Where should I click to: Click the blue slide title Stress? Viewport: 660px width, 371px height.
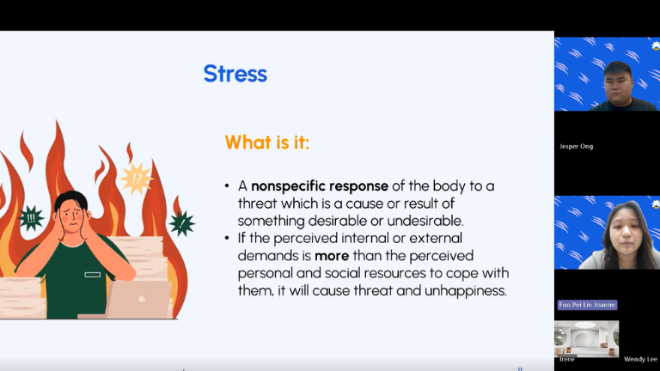(235, 74)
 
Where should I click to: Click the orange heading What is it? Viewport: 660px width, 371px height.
(267, 143)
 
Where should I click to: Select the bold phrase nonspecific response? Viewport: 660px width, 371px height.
(320, 185)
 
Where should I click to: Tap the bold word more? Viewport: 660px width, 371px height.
(332, 256)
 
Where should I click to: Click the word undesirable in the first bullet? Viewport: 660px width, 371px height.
(425, 221)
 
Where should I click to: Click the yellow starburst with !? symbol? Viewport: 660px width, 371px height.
(137, 179)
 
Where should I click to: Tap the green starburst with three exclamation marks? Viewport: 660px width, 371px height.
(31, 218)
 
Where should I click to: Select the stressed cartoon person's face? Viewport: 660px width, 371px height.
(72, 219)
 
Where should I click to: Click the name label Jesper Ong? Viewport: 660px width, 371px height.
(576, 146)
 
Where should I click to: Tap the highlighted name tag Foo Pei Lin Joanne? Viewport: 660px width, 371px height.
(587, 305)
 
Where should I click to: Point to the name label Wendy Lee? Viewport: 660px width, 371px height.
(640, 359)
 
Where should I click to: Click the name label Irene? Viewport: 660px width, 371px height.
(567, 359)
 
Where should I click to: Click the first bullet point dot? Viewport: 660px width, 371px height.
(227, 185)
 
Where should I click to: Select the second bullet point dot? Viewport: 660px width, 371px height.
(227, 238)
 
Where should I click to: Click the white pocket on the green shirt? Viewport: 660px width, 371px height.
(92, 275)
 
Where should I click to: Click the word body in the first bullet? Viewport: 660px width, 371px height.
(449, 186)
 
